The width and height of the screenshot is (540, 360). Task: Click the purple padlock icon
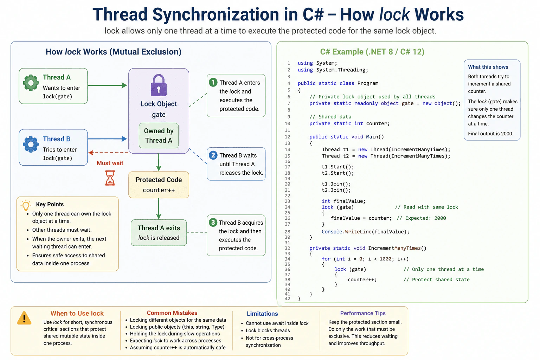pos(159,85)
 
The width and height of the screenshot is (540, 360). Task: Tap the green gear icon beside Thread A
pos(31,83)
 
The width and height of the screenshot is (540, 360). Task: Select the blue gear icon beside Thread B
pos(31,144)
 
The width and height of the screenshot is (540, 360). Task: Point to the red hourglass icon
pos(110,178)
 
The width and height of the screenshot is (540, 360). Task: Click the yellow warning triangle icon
pos(24,318)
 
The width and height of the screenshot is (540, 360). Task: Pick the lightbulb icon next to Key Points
pos(26,205)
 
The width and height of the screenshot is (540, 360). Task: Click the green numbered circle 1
pos(213,83)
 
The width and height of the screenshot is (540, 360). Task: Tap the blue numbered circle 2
pos(213,155)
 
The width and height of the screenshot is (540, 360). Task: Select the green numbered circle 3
pos(213,222)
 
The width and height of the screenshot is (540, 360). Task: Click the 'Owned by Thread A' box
pos(159,135)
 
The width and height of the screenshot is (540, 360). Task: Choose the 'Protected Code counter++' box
pos(159,185)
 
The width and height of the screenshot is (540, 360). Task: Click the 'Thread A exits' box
pos(159,233)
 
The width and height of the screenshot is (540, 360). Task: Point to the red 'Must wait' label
pos(110,163)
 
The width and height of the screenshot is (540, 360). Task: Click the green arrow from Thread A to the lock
pos(107,85)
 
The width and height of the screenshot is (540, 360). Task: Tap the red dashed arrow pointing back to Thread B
pos(108,153)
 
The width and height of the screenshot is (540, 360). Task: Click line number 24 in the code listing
pos(287,207)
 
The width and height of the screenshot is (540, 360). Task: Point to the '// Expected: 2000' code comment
pos(421,218)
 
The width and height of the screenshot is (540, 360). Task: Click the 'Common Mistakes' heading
pos(172,313)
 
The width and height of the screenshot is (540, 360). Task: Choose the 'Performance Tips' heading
pos(363,313)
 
